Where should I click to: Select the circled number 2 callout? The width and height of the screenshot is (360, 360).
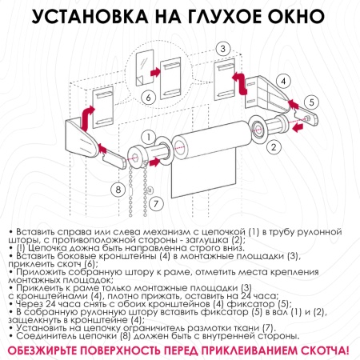(273, 146)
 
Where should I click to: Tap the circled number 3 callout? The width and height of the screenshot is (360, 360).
(224, 50)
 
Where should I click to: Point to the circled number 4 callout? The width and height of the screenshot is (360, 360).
(283, 81)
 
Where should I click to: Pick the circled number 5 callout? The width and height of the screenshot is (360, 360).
(311, 102)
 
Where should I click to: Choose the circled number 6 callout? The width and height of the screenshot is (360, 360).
(146, 98)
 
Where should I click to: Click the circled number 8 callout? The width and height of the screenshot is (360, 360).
(118, 189)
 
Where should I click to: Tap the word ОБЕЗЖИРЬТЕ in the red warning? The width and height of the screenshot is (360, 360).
(55, 350)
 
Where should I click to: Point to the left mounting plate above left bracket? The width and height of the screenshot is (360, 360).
(102, 103)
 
